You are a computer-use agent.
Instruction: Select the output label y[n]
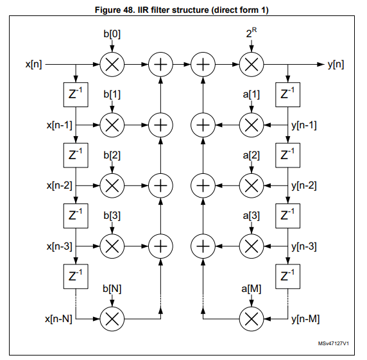[335, 64]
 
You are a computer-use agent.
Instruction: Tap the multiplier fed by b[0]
[112, 64]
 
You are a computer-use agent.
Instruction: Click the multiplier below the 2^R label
[251, 64]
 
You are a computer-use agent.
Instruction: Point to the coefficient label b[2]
[112, 155]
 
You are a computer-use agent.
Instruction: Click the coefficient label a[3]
[252, 216]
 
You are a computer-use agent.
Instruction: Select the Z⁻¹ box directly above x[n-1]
[76, 94]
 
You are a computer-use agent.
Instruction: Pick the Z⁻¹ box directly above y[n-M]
[287, 277]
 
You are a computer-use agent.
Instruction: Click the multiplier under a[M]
[251, 318]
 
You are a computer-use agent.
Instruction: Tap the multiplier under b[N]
[112, 318]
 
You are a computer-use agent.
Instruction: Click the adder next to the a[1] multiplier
[203, 124]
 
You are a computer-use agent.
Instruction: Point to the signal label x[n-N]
[58, 318]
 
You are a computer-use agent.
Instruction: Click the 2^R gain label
[251, 33]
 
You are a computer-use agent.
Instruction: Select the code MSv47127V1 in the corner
[333, 345]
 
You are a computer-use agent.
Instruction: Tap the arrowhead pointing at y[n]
[321, 64]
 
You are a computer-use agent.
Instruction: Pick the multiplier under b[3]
[112, 245]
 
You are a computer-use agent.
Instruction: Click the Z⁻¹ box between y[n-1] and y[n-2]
[287, 155]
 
